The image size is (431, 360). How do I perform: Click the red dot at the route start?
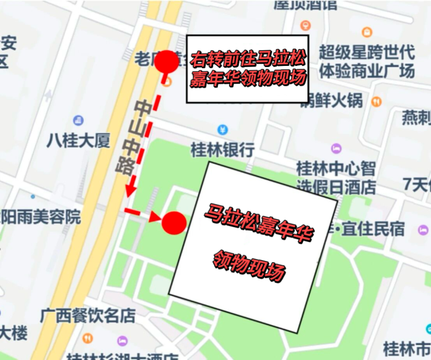click(165, 63)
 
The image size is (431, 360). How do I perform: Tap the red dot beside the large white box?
click(174, 223)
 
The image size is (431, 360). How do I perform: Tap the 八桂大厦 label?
click(78, 140)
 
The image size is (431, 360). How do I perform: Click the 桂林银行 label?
click(223, 150)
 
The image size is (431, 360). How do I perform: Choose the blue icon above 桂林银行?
click(223, 130)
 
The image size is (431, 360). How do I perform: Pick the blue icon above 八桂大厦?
click(78, 120)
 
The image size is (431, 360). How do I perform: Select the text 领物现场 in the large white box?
click(249, 265)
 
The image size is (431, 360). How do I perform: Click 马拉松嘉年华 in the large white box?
click(259, 225)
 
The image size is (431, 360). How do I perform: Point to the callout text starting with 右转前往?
click(248, 70)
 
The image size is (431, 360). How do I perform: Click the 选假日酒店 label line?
click(336, 186)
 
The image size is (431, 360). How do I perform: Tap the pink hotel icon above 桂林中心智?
click(336, 148)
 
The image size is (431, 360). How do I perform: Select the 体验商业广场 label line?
click(367, 71)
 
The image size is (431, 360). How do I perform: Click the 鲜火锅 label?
click(332, 100)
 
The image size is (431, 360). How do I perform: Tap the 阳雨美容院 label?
click(41, 217)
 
